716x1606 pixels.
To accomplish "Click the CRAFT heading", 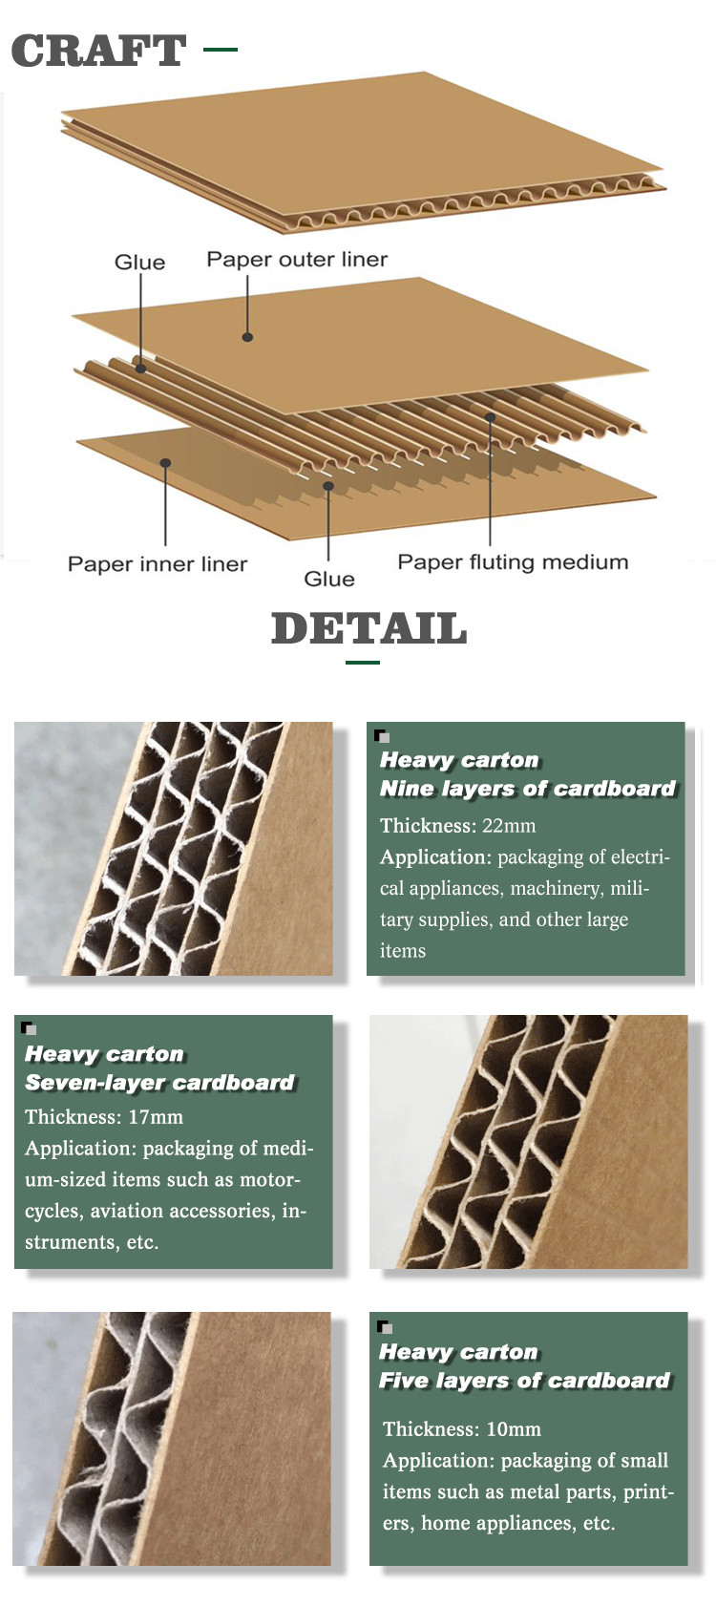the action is click(99, 51).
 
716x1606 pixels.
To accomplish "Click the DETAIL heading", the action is click(369, 628).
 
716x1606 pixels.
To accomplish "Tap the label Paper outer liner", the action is click(297, 259).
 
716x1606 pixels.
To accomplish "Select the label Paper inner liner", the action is click(157, 563).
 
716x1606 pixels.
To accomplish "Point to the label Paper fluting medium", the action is click(513, 562).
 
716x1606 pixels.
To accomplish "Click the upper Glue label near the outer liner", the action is click(139, 263).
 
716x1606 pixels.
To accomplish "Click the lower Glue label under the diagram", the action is click(329, 579).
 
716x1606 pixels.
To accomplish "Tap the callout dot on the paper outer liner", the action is click(247, 337).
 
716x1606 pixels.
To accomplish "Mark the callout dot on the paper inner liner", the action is click(165, 463).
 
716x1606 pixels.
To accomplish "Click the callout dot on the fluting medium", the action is click(491, 416).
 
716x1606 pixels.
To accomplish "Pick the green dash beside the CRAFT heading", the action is click(220, 50).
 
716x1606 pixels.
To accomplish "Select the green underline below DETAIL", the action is click(363, 663).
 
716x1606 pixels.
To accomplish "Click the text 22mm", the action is click(509, 826).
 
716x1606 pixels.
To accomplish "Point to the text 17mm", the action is click(156, 1117).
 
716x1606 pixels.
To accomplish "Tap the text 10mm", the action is click(514, 1429).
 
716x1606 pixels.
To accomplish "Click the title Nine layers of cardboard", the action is click(528, 789).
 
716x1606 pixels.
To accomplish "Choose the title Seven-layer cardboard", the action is click(159, 1082).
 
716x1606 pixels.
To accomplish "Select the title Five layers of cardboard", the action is click(525, 1380).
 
